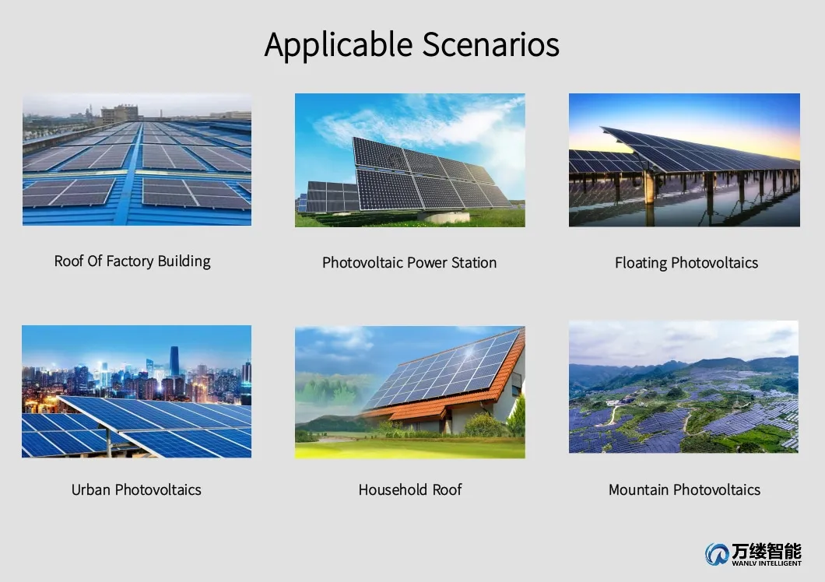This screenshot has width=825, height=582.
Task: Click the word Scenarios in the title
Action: [x=491, y=44]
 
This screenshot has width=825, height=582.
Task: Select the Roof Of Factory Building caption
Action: [x=132, y=261]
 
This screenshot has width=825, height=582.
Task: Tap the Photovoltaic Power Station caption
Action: [x=409, y=263]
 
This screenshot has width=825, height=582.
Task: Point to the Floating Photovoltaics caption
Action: [x=686, y=263]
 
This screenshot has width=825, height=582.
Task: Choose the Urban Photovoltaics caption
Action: [x=136, y=490]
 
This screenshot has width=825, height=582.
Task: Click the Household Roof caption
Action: [x=410, y=490]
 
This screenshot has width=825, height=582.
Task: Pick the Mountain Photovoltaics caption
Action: [x=684, y=490]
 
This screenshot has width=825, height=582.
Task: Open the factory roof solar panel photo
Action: [x=137, y=160]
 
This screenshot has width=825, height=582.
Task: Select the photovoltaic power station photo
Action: [x=409, y=160]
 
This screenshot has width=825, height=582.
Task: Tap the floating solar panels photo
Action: [x=684, y=160]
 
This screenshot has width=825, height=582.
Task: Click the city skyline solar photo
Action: [x=137, y=391]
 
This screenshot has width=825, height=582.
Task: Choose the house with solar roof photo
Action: [x=409, y=392]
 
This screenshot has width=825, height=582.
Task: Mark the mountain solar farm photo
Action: [x=683, y=387]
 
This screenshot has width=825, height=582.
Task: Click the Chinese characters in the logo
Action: [x=766, y=551]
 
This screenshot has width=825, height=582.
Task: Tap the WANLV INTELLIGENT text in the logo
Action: [x=766, y=563]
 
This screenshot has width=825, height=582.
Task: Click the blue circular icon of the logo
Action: [x=716, y=554]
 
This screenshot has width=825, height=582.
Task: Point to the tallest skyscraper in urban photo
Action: [x=174, y=362]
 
